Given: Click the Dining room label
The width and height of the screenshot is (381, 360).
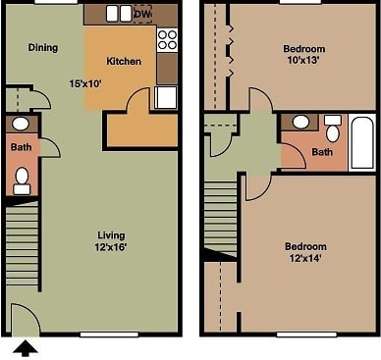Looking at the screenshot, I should point(42,47).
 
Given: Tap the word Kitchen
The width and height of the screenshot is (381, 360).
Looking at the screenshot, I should point(124,61).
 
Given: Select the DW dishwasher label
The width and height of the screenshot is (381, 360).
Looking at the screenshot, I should point(142,14).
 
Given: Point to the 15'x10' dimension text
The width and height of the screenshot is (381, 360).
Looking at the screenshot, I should point(85,83).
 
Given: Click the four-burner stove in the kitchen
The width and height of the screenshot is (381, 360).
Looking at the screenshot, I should point(167,39).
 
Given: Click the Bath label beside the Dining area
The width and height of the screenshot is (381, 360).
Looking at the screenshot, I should point(22,147).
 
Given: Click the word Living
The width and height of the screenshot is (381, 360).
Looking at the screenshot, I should point(112,234).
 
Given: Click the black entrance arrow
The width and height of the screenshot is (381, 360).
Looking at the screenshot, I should point(26,346).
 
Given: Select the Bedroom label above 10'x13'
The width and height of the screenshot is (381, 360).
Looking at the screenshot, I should point(303,48).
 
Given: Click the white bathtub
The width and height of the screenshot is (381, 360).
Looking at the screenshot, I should point(360,142).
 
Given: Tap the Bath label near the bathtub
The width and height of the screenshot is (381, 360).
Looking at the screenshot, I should point(322,152).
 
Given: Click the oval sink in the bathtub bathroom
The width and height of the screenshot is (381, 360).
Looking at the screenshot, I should point(301,123).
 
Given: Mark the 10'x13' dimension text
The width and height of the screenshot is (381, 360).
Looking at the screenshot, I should point(303,61).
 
